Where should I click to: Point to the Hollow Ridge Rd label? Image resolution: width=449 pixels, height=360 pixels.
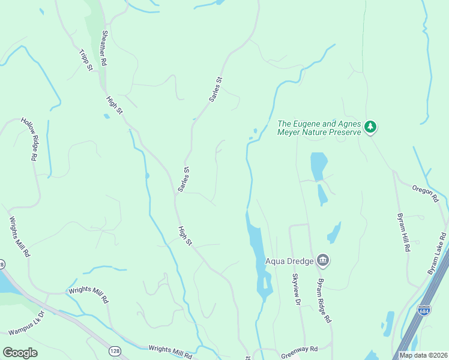[x=29, y=139]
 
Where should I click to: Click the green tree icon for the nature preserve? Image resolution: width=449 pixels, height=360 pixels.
[x=371, y=127]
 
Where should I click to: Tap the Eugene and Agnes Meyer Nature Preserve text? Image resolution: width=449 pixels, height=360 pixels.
[x=319, y=128]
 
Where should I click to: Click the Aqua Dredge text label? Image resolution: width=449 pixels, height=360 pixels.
[x=291, y=260]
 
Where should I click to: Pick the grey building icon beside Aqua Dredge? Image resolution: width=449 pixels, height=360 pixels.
[x=323, y=260]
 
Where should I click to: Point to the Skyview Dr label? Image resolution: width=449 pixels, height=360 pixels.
[x=295, y=290]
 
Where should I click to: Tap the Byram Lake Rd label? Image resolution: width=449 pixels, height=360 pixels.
[x=437, y=254]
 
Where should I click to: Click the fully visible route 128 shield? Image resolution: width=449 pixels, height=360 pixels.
[x=114, y=350]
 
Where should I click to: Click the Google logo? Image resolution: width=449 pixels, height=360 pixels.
[x=20, y=353]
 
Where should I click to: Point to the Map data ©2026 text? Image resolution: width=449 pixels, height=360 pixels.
[x=423, y=355]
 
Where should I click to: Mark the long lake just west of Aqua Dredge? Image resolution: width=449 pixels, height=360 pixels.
[x=258, y=252]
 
